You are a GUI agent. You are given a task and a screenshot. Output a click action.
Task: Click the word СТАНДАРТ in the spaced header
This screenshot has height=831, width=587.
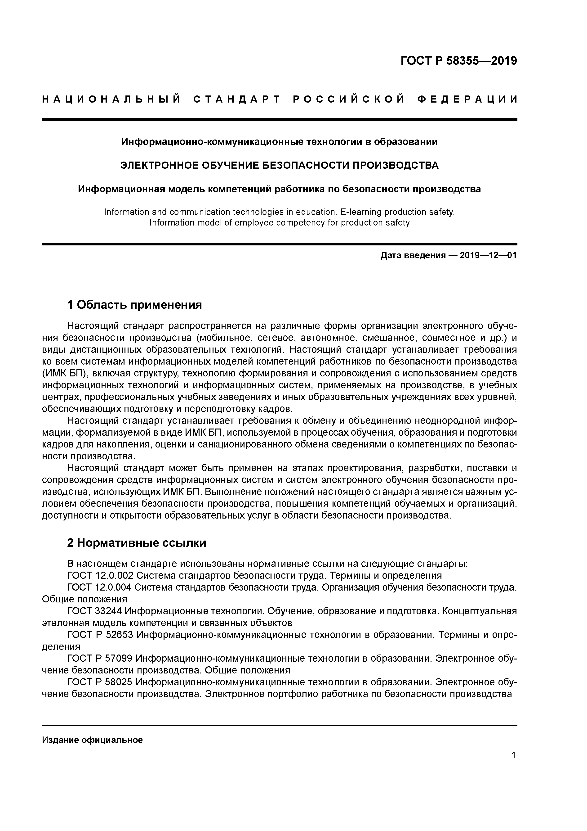tap(237, 99)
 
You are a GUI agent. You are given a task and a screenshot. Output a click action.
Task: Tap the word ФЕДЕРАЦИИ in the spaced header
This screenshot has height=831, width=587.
tap(467, 99)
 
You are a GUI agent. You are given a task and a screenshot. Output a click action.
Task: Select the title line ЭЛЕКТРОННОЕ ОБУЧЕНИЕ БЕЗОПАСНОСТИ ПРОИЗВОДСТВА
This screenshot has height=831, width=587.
tap(279, 165)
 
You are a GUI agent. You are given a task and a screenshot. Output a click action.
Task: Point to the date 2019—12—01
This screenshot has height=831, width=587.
tap(488, 256)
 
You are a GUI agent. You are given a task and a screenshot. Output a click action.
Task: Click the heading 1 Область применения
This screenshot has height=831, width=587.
tap(134, 305)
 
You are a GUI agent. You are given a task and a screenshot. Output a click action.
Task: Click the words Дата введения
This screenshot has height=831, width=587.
tap(413, 256)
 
